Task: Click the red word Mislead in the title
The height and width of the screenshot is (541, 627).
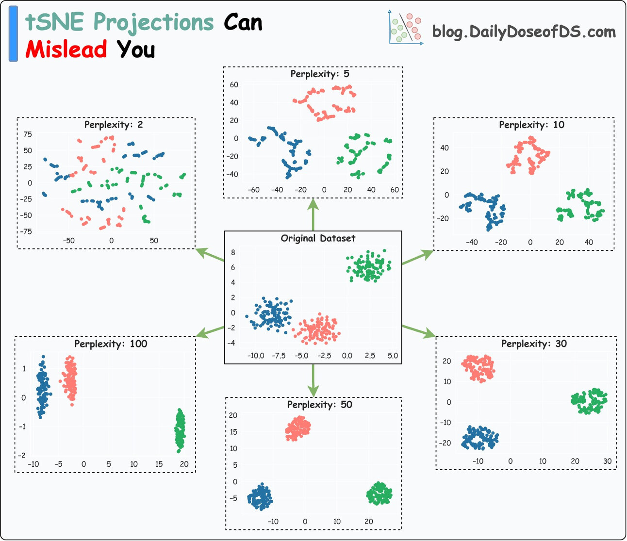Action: point(66,49)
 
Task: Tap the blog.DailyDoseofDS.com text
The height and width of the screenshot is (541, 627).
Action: point(524,32)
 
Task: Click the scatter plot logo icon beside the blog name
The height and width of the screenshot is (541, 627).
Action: point(406,28)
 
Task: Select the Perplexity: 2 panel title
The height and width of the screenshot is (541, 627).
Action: point(114,125)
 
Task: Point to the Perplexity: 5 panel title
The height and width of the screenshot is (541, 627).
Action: point(319,74)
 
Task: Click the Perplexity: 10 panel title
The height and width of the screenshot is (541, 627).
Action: point(531,125)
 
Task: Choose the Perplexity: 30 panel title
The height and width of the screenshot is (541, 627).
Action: point(534,344)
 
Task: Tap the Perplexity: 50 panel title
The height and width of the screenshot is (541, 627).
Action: point(319,405)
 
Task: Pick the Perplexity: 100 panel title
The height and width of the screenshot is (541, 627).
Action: point(111,344)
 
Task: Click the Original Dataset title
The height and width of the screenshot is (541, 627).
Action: point(318,238)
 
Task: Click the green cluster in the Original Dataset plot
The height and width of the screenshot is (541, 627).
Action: point(369,266)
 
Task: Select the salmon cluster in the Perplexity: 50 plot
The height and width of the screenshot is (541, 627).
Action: point(298,428)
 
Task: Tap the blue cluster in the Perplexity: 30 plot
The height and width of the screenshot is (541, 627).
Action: point(479,438)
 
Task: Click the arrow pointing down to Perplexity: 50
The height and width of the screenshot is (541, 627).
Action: point(313,380)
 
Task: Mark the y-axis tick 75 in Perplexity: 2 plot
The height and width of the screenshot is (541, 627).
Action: point(28,134)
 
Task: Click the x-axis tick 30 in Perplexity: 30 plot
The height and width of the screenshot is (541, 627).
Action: point(607,461)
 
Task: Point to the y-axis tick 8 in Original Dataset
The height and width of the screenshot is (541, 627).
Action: point(233,252)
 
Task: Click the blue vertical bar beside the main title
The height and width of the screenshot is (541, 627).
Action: point(14,34)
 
